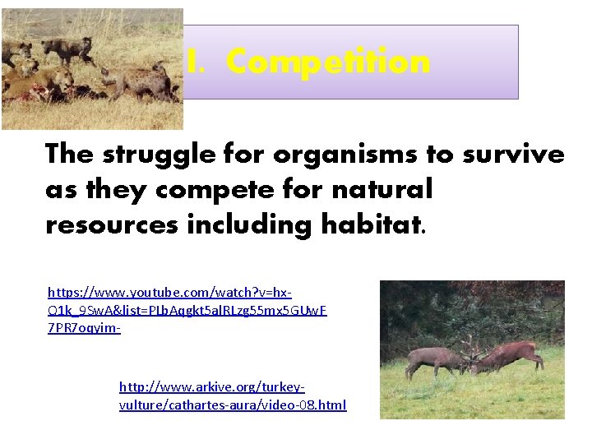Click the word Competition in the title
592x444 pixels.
[328, 62]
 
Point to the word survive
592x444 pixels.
[514, 155]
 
